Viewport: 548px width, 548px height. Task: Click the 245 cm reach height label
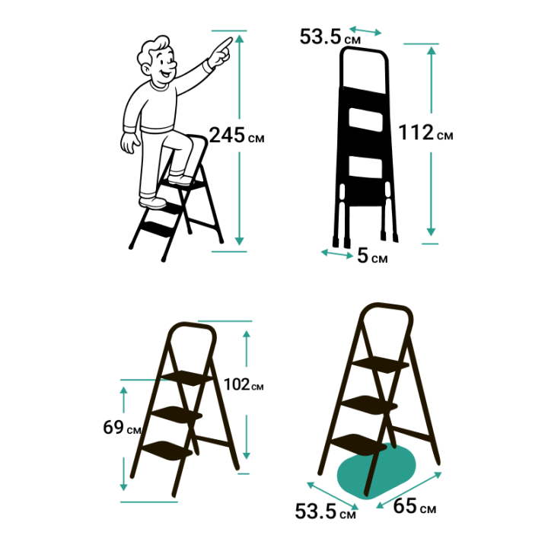237,135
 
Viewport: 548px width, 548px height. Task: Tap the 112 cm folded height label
425,132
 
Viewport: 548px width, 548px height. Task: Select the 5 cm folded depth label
372,256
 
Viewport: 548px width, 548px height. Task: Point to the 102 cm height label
244,384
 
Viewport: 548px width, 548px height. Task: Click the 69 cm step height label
122,427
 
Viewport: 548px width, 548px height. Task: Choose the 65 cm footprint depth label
415,506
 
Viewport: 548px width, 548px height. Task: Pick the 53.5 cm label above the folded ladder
330,37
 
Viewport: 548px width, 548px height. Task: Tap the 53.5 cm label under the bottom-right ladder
326,511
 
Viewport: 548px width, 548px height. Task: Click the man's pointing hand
221,53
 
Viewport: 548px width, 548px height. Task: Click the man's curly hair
154,49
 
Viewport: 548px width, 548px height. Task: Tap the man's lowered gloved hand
129,142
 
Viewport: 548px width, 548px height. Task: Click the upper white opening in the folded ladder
365,120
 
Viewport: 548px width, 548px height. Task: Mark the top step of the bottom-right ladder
381,365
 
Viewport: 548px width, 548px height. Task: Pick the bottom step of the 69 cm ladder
167,450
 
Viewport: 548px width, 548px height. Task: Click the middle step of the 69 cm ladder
177,415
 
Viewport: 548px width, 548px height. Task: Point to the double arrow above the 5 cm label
337,253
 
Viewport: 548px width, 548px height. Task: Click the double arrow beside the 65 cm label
409,490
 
